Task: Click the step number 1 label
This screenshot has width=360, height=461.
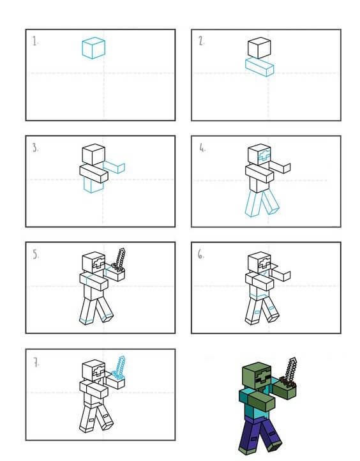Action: [x=35, y=41]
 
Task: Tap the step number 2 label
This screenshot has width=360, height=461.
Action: [x=201, y=41]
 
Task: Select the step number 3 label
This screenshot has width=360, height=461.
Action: [x=35, y=147]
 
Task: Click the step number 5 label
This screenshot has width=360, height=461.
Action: [x=36, y=254]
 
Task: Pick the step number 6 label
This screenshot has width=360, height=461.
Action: [x=201, y=254]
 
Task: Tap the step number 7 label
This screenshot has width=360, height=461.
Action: [x=36, y=363]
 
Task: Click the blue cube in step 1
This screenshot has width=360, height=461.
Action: [x=93, y=48]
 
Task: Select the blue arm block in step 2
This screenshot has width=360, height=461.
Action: [x=260, y=67]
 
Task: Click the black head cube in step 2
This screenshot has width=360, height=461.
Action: [x=259, y=48]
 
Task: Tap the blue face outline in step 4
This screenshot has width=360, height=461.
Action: [x=264, y=155]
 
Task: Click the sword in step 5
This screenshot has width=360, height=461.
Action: [x=119, y=260]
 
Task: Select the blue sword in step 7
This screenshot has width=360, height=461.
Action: [x=119, y=367]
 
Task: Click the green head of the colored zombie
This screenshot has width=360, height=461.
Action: [x=256, y=375]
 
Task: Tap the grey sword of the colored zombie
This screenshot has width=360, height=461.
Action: [x=289, y=372]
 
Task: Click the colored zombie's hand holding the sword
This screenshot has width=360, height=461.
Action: [x=285, y=390]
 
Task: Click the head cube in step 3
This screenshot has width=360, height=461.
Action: [x=93, y=155]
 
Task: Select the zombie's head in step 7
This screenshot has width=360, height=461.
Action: [x=93, y=371]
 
